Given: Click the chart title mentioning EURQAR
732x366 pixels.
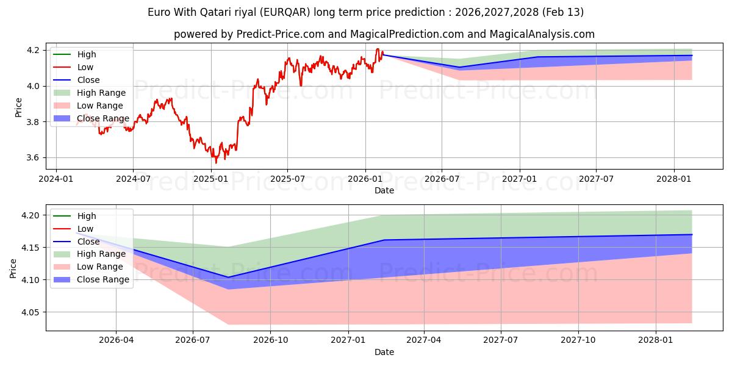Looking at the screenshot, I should (365, 12).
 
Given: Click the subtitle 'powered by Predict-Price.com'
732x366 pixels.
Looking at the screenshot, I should (384, 34).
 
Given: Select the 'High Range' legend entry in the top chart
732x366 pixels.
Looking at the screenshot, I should (101, 93).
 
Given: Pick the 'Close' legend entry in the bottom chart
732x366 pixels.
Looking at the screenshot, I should (88, 242).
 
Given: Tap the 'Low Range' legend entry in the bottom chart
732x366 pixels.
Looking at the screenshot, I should (101, 267).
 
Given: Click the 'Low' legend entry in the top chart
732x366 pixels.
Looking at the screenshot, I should (85, 67).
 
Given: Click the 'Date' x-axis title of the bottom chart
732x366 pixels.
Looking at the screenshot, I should (384, 352).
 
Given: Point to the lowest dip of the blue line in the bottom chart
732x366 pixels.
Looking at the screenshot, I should (228, 277).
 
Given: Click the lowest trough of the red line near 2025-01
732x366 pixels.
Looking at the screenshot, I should (215, 162).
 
